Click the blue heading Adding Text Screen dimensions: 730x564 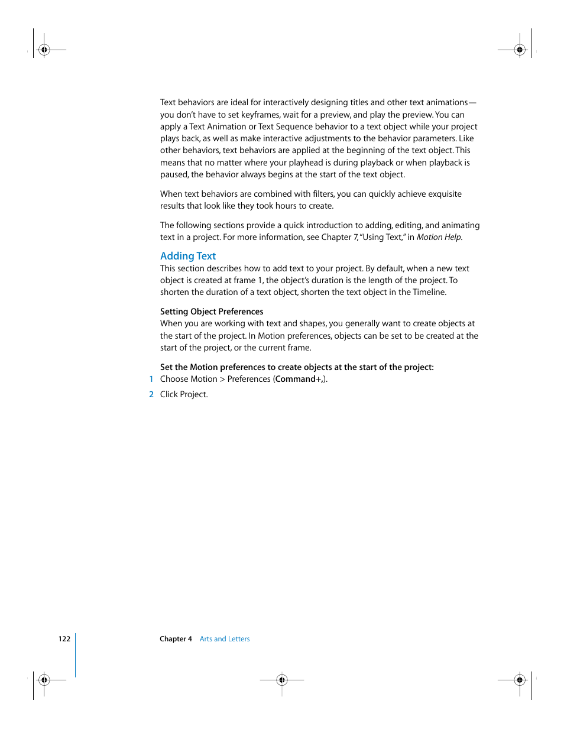(188, 256)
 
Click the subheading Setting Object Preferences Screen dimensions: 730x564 (212, 312)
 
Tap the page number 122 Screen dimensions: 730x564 (64, 639)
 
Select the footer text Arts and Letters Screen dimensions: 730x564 (225, 639)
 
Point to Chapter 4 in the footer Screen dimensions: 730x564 (176, 639)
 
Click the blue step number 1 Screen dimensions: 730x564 (151, 379)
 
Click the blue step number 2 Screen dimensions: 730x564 (151, 395)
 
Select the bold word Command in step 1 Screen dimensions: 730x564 (295, 379)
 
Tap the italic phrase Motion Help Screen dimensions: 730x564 (439, 238)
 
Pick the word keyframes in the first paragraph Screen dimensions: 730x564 (261, 115)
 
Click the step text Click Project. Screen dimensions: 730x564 (184, 395)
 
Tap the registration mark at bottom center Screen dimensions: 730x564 (282, 680)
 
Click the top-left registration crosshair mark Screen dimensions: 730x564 (44, 50)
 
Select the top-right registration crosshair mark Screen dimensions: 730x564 (520, 50)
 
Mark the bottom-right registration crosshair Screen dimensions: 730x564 (520, 680)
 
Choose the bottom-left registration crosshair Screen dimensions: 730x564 (44, 680)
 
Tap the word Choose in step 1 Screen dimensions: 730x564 (174, 379)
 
